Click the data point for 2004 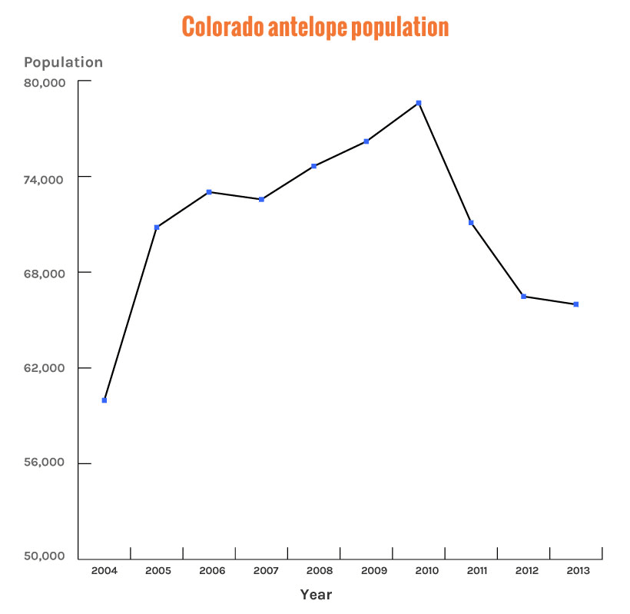pos(104,400)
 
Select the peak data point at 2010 pos(419,103)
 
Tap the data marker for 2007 pos(261,200)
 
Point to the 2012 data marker pos(523,297)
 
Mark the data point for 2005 pos(157,227)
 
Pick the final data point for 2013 pos(575,304)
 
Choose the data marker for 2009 pos(366,141)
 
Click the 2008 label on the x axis pos(319,571)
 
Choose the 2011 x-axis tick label pos(476,571)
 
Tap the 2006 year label pos(213,571)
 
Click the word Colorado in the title pos(224,28)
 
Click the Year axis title pos(316,595)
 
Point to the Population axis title pos(63,63)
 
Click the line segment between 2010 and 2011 pos(445,163)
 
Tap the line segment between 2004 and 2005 pos(131,314)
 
